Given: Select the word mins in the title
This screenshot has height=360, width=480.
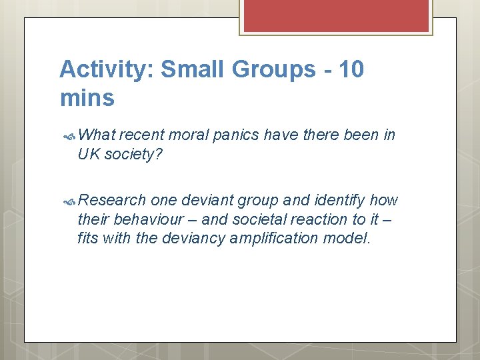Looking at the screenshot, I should point(87,98).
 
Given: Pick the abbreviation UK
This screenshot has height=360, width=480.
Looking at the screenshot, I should point(88,154).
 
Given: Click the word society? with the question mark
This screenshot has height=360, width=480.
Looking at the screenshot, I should point(133,154).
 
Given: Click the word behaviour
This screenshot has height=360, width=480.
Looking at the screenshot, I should point(149,219).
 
